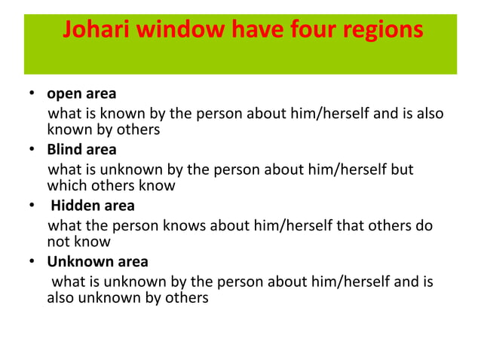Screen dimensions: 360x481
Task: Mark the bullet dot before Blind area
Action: tap(32, 149)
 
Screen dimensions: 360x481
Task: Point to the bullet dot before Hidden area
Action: tap(32, 205)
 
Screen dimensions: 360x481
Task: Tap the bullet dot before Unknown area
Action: tap(32, 261)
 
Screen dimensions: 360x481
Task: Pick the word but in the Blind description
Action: tap(401, 169)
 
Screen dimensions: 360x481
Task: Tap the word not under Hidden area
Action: tap(60, 242)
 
